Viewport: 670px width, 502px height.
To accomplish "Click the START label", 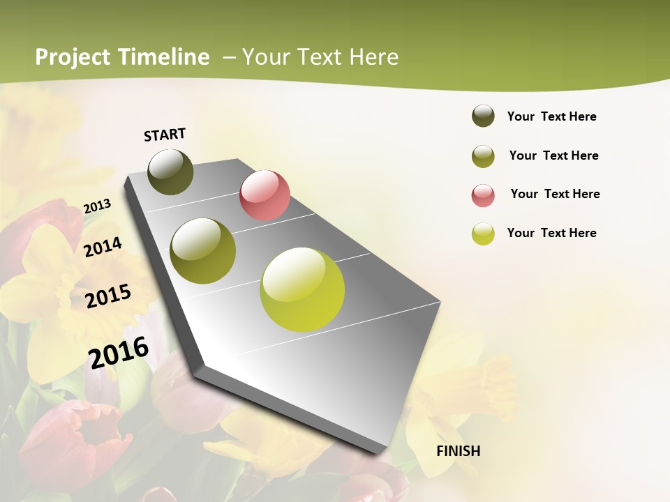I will click(165, 135).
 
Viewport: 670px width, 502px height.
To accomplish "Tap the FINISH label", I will click(459, 451).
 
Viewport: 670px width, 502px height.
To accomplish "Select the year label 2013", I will click(97, 206).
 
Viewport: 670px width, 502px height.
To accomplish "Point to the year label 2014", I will click(103, 248).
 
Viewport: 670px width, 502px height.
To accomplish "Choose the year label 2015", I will click(108, 296).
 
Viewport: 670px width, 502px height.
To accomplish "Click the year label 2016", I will click(119, 352).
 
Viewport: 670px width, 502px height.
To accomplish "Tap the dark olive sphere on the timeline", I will click(171, 172).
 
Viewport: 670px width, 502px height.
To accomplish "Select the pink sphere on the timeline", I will click(265, 195).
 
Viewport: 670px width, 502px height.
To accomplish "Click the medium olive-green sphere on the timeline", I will click(203, 251).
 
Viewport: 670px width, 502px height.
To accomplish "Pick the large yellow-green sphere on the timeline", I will click(302, 289).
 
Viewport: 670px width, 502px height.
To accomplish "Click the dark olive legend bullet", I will click(483, 116).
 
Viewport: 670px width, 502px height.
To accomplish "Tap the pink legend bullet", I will click(483, 195).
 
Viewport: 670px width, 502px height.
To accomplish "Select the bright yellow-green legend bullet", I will click(483, 234).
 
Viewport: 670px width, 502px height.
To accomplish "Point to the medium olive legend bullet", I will click(483, 156).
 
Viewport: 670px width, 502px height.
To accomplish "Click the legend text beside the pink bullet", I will click(555, 194).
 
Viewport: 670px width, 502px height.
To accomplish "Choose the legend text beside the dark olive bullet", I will click(551, 116).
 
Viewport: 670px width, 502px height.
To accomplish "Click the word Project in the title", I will click(73, 57).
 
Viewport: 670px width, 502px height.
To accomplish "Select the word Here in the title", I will click(373, 57).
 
